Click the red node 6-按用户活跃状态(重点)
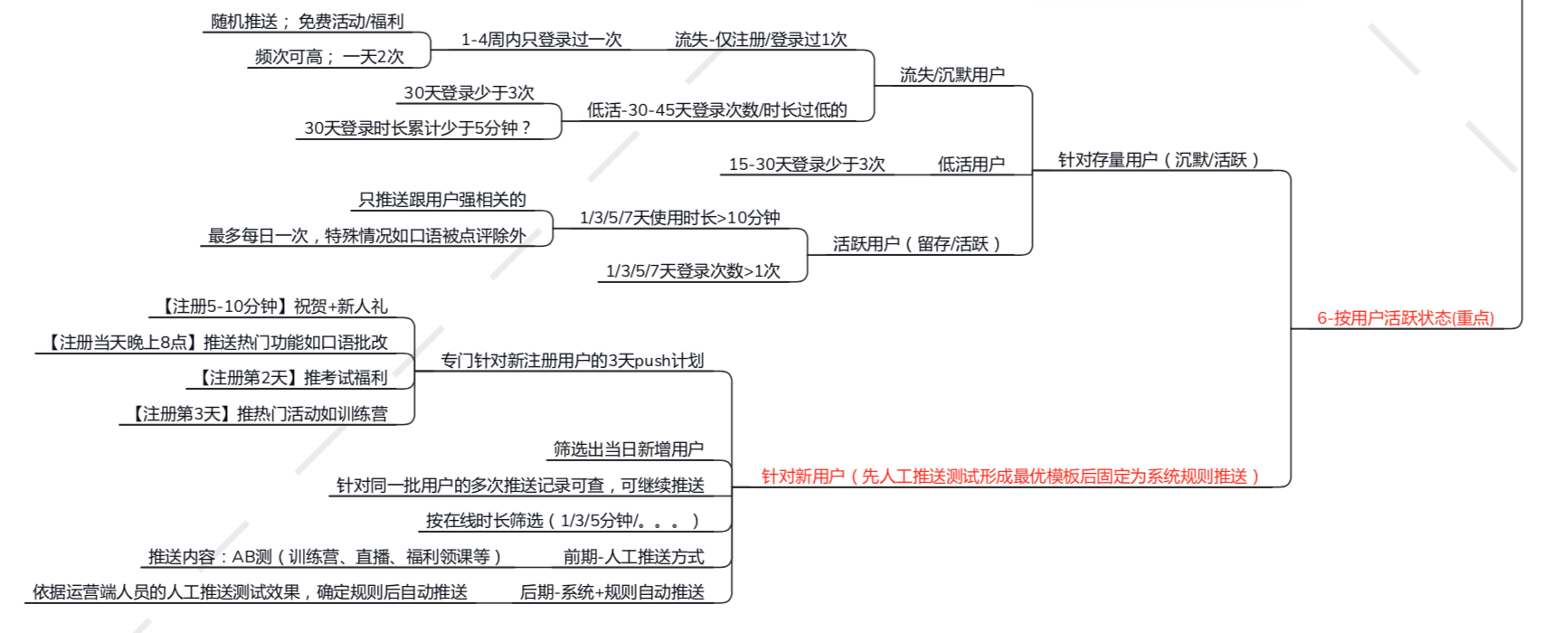1405,318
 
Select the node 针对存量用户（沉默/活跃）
1159,160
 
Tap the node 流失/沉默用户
951,75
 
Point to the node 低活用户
970,165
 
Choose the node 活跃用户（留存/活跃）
916,244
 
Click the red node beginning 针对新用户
1010,477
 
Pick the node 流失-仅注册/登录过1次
761,40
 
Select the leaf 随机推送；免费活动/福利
307,22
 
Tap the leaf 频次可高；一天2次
329,57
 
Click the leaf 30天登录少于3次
468,93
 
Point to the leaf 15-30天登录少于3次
807,165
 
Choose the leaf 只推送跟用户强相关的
442,200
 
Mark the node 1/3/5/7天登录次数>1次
693,271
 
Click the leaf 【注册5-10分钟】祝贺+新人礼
274,307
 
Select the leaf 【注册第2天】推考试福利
293,378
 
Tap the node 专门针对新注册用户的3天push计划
572,361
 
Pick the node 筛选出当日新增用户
629,449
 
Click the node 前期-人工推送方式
633,557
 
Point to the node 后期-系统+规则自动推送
611,592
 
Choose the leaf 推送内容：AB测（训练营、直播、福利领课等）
324,557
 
